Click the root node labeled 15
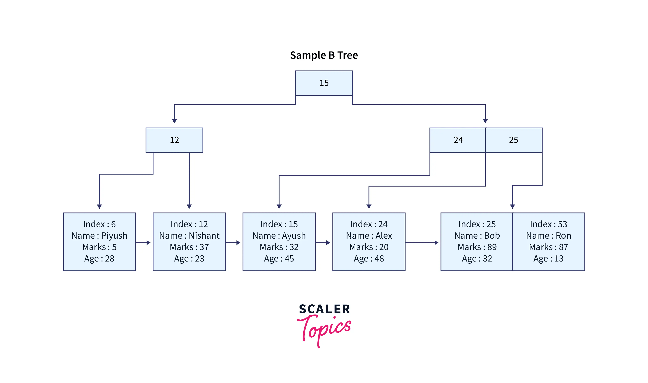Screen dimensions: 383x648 point(324,83)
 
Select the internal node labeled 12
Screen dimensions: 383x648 point(174,140)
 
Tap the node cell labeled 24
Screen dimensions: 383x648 point(458,140)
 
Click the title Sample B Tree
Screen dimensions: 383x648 point(324,55)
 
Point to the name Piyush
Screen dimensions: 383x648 point(114,236)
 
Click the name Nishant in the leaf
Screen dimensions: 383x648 point(204,236)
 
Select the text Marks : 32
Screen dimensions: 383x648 point(279,247)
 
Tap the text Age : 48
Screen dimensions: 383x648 point(369,259)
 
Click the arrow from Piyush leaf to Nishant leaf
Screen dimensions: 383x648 point(143,243)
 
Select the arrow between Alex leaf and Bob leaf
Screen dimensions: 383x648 point(422,243)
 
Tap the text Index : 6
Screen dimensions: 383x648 point(99,224)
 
